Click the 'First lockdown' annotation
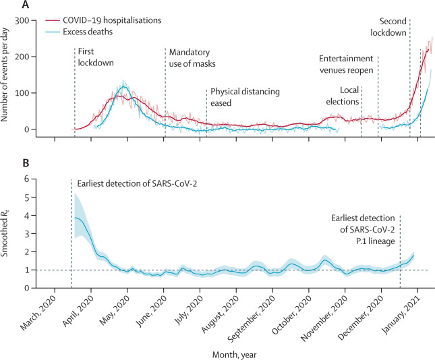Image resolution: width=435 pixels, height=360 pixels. (x=95, y=57)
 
